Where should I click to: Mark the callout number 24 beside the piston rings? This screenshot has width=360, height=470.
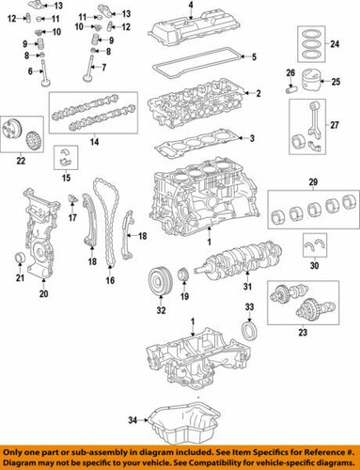tap(335, 43)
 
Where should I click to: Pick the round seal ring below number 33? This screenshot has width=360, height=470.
tap(249, 331)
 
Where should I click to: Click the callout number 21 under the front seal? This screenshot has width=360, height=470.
tap(20, 277)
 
